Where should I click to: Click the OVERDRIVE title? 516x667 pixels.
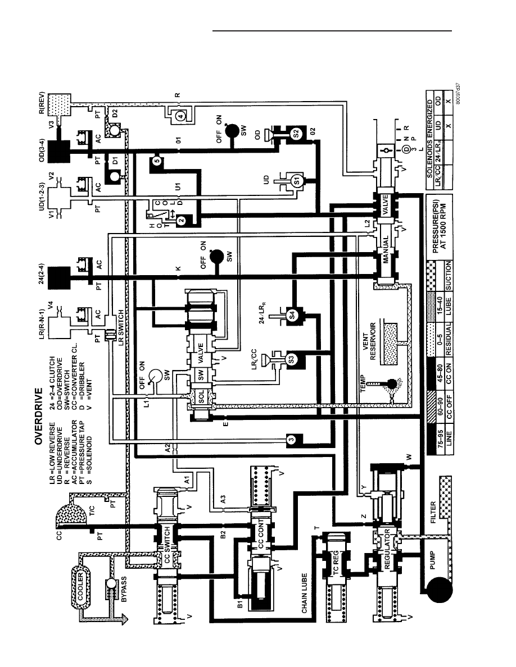coord(38,415)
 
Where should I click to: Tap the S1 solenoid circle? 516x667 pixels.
coord(297,180)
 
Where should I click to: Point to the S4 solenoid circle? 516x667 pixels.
coord(292,315)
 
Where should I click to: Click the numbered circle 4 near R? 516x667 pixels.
coord(180,115)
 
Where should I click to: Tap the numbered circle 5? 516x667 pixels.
coord(157,161)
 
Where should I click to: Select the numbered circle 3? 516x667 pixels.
coord(291,440)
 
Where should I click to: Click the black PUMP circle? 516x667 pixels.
coord(439,589)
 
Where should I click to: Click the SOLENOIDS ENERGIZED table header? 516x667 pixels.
coord(430,139)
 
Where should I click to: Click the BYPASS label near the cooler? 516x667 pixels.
coord(124,590)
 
